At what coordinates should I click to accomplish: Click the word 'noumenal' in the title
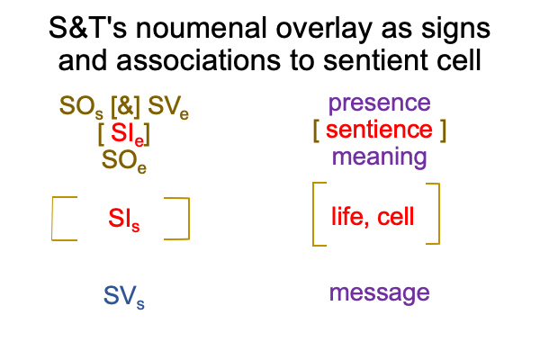pos(201,28)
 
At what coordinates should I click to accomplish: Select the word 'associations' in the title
pos(198,60)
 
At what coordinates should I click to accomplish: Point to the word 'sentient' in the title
pos(376,60)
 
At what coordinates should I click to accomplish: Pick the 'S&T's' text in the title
pos(88,28)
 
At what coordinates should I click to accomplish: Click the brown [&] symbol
pos(125,106)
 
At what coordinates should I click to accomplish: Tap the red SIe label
pos(127,134)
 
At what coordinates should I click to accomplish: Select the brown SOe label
pos(124,161)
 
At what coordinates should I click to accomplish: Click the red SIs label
pos(124,220)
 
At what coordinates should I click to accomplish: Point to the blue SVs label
pos(124,297)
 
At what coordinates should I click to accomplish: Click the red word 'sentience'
pos(379,130)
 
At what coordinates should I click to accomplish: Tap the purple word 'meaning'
pos(380,158)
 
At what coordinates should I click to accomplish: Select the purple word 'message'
pos(380,293)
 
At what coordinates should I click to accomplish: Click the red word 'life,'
pos(350,217)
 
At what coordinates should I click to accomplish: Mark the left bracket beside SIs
pos(52,219)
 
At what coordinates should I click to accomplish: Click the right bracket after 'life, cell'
pos(439,213)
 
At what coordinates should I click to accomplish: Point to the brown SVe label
pos(168,107)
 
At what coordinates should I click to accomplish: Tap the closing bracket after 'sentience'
pos(443,130)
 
